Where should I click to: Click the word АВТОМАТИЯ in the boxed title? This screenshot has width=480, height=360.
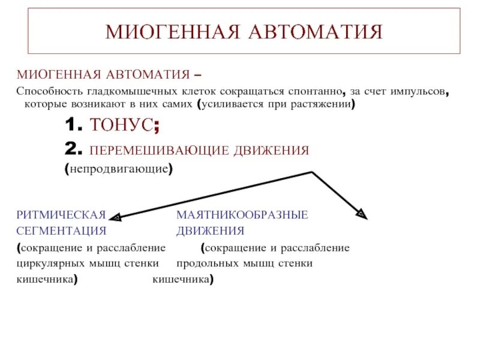pyautogui.click(x=319, y=32)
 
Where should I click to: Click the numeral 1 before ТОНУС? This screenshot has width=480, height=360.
pyautogui.click(x=71, y=127)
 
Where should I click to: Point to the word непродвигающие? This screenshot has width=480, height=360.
pyautogui.click(x=119, y=169)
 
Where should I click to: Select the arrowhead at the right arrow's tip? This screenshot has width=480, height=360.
pyautogui.click(x=362, y=214)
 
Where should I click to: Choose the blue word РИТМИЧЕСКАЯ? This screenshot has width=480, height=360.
pyautogui.click(x=61, y=214)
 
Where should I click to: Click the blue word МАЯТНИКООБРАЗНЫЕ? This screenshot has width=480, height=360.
pyautogui.click(x=242, y=214)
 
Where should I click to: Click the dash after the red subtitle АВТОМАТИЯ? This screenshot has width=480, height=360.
pyautogui.click(x=198, y=76)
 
